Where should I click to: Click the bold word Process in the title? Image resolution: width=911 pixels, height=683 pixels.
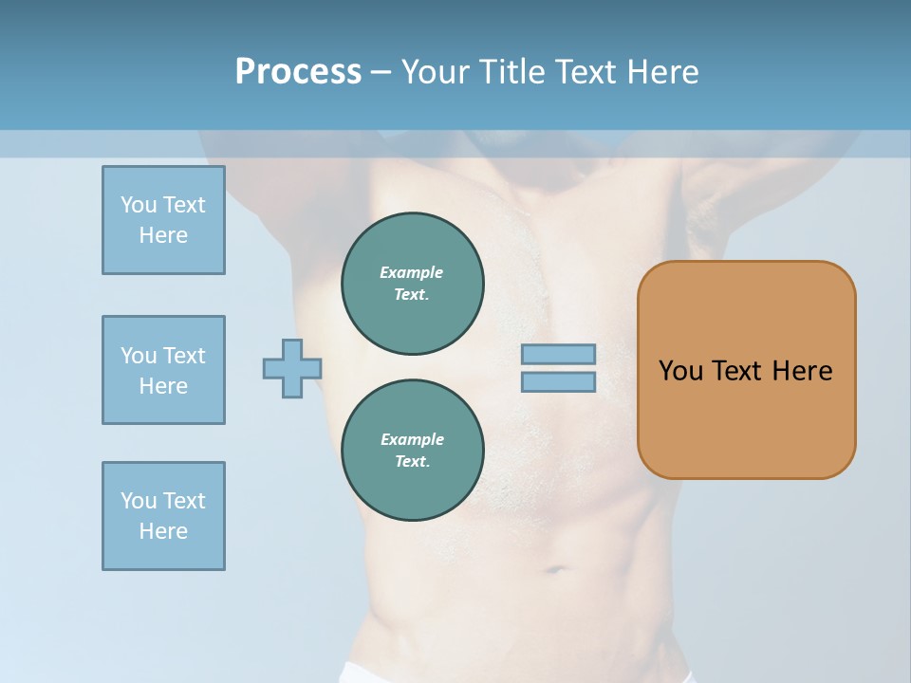point(298,72)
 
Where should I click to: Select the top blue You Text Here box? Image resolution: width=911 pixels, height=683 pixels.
point(163,220)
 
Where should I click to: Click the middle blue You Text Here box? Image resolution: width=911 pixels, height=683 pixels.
point(163,370)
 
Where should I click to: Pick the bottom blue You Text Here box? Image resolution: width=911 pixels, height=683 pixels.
point(163,516)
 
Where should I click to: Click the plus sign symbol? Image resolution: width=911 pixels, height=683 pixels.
point(292,368)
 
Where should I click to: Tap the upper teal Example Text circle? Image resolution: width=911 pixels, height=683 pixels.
point(413,284)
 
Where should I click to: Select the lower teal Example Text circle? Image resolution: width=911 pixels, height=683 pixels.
point(413,451)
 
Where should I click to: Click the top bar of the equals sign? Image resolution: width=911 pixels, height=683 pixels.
point(558,354)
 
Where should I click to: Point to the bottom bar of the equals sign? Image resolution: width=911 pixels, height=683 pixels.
point(558,382)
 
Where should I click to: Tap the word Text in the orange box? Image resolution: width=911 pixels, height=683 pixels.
point(739,370)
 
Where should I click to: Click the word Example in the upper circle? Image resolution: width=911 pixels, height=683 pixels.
point(412,272)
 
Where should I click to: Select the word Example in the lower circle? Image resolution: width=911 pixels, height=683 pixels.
point(412,439)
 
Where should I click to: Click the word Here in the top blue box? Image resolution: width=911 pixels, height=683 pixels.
point(163,235)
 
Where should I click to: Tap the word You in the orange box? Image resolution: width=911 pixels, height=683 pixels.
point(680,370)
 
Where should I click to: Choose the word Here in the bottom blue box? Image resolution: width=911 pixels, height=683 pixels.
point(163,531)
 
